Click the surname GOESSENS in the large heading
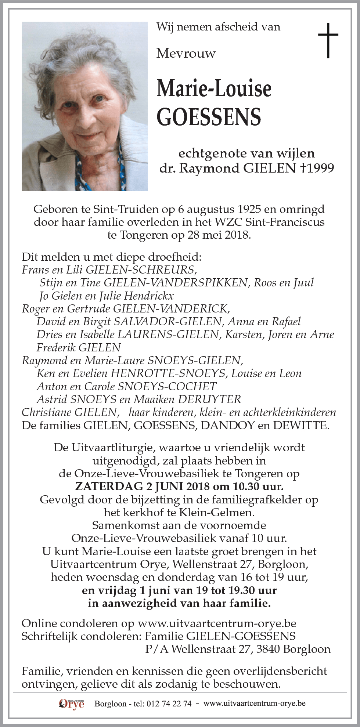coord(209,117)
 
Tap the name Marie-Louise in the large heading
coord(214,89)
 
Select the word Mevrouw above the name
coord(186,54)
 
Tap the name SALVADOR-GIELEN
coord(168,322)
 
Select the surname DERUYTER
coord(209,399)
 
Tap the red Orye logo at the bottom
coord(71,704)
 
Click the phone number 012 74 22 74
coord(169,704)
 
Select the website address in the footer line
coord(254,704)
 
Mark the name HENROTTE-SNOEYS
coord(168,373)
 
